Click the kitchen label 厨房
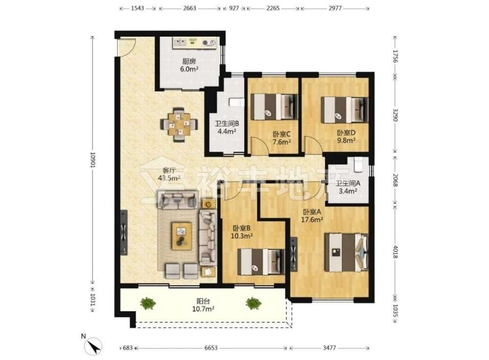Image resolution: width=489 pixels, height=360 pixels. (189, 61)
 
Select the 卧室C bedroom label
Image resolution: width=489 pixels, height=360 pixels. (282, 135)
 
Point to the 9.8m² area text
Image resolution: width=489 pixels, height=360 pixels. (346, 140)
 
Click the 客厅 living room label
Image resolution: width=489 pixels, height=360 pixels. (169, 170)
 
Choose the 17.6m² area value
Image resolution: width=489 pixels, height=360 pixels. (312, 220)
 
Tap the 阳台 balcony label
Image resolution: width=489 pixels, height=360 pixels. (203, 301)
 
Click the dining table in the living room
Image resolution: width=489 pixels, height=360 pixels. (179, 125)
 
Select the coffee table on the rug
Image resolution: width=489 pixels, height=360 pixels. (181, 236)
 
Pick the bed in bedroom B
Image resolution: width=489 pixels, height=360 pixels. (261, 262)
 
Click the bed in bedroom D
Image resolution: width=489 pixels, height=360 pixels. (344, 110)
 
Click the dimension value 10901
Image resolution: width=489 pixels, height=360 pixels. (92, 160)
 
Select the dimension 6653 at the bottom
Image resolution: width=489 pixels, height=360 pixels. (211, 348)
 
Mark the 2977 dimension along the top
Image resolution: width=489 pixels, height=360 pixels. (335, 8)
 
